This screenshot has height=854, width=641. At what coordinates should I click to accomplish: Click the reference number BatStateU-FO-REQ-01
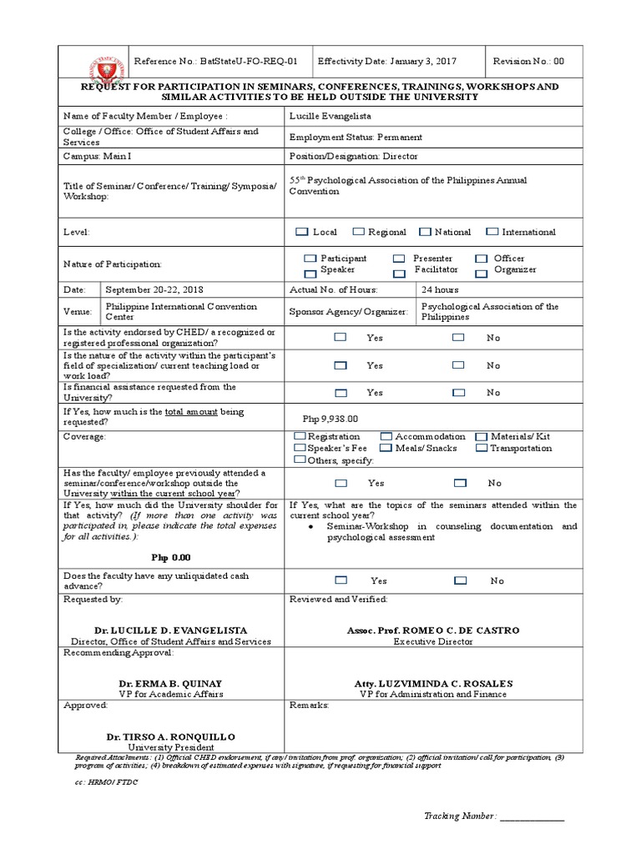pos(215,62)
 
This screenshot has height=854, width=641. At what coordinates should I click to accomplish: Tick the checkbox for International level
pos(492,232)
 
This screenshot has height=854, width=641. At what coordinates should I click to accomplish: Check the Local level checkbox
pos(301,232)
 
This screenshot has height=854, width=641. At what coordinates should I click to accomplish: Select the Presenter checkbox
pos(400,259)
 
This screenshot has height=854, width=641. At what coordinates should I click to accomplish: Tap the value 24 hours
pos(440,289)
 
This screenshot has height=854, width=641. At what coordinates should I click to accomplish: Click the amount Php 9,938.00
pos(330,419)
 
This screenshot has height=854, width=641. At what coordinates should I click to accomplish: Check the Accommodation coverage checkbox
pos(386,437)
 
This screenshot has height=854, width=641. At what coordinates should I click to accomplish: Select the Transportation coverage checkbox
pos(482,449)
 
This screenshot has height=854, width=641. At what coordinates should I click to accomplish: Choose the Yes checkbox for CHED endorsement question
pos(340,338)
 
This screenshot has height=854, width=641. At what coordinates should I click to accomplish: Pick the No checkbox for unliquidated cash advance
pos(460,580)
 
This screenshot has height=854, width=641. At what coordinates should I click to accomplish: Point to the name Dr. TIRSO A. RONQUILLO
pos(171,736)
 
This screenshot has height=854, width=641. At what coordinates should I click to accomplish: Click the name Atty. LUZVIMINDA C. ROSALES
pos(433,683)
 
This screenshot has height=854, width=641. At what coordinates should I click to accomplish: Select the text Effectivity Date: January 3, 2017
pos(387,62)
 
